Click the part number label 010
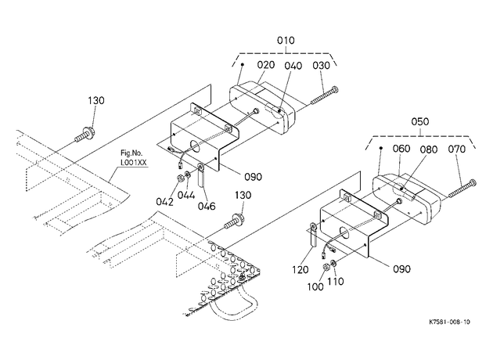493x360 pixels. pyautogui.click(x=286, y=41)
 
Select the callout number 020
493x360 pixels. pyautogui.click(x=266, y=65)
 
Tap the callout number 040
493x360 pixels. pyautogui.click(x=293, y=66)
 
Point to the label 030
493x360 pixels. pyautogui.click(x=321, y=66)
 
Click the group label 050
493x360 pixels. pyautogui.click(x=419, y=121)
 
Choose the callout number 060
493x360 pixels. pyautogui.click(x=401, y=149)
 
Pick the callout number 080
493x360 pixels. pyautogui.click(x=429, y=149)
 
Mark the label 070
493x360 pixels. pyautogui.click(x=456, y=149)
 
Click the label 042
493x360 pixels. pyautogui.click(x=164, y=202)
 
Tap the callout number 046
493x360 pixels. pyautogui.click(x=207, y=206)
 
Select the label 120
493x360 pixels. pyautogui.click(x=300, y=269)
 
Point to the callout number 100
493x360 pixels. pyautogui.click(x=315, y=286)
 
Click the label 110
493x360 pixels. pyautogui.click(x=336, y=281)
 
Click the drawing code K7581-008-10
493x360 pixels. pyautogui.click(x=450, y=322)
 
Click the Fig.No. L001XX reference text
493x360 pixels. pyautogui.click(x=133, y=158)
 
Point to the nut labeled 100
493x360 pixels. pyautogui.click(x=326, y=267)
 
